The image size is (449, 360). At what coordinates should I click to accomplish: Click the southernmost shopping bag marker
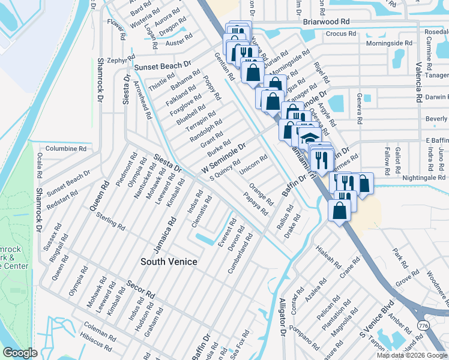tap(340, 212)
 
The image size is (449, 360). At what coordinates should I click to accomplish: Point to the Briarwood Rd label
tap(326, 21)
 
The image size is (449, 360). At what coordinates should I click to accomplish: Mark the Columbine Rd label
tap(65, 148)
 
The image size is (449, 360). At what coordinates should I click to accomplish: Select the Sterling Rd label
tap(110, 221)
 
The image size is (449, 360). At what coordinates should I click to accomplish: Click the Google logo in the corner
tap(20, 353)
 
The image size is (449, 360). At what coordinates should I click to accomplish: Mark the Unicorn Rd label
tap(253, 166)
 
